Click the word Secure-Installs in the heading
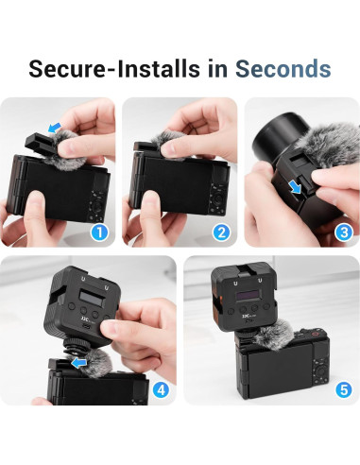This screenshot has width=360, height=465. point(116,69)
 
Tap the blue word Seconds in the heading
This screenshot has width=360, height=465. point(283,69)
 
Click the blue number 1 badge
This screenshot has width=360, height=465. point(98,232)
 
